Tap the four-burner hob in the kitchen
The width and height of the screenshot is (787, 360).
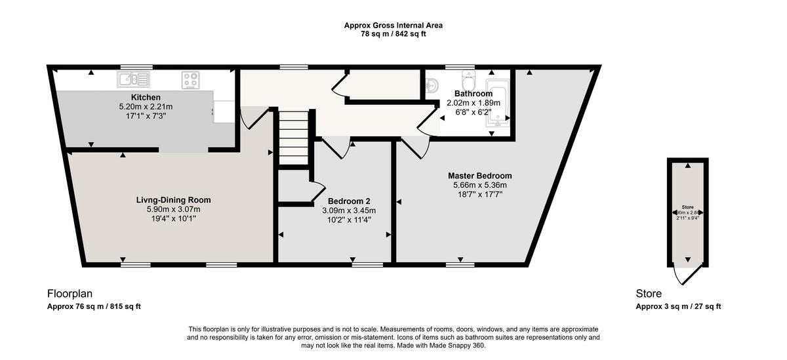[x=191, y=80]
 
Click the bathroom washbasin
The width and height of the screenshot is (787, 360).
[x=432, y=86]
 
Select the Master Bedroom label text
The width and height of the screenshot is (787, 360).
[x=479, y=176]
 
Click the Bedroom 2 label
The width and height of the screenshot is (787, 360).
[x=349, y=201]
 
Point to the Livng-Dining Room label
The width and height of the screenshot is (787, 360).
[x=173, y=199]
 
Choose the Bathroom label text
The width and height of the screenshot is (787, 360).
[x=474, y=94]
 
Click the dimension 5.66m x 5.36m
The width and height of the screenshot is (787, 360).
[x=479, y=185]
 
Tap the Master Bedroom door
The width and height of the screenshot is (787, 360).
[x=414, y=147]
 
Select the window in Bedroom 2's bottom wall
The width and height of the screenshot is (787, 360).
[x=367, y=264]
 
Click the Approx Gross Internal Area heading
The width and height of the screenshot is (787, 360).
[x=393, y=26]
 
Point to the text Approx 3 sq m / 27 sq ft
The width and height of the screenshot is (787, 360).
[x=678, y=306]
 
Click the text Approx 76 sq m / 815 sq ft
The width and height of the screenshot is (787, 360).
[x=94, y=306]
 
